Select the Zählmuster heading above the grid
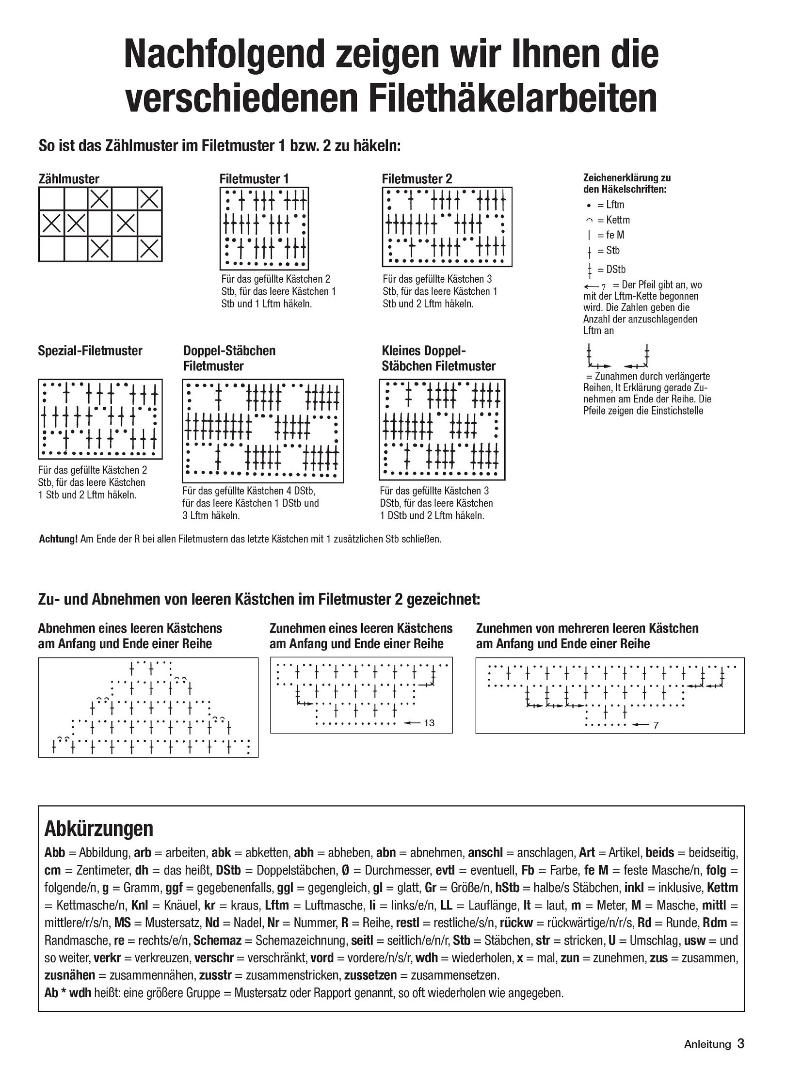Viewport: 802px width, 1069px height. (x=68, y=179)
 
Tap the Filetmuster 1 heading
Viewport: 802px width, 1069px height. (x=254, y=179)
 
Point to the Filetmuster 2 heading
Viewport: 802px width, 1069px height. (x=417, y=179)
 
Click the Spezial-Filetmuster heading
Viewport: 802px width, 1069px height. (x=90, y=351)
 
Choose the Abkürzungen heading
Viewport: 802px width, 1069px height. (x=98, y=829)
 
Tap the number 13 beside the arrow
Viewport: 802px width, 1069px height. (x=429, y=723)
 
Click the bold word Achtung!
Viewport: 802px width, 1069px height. (x=58, y=539)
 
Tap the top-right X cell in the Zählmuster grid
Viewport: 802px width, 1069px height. (x=149, y=199)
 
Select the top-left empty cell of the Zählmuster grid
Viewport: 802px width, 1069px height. (x=51, y=199)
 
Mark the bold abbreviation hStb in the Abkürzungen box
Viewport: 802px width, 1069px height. (x=507, y=888)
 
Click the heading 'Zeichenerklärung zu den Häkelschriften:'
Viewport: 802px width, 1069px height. (x=626, y=183)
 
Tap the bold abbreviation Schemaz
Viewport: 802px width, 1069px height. (x=218, y=940)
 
